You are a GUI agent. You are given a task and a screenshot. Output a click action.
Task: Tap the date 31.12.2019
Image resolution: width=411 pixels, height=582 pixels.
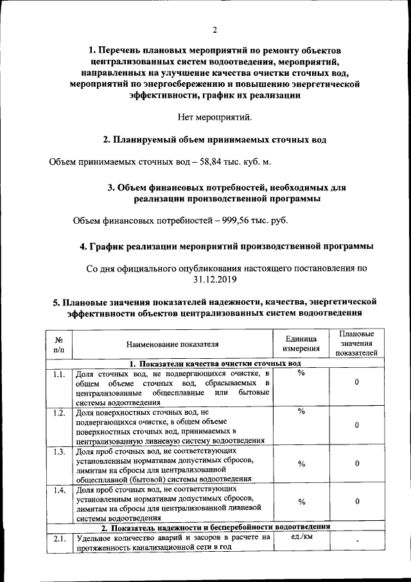coord(214,279)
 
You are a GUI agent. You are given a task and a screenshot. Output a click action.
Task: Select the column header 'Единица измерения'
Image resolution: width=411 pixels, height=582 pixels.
coord(301,343)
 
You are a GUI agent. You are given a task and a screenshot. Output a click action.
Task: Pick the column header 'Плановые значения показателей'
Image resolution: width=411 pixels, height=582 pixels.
coord(356,343)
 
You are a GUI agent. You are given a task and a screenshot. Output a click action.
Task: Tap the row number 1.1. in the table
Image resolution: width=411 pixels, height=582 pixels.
coord(58,374)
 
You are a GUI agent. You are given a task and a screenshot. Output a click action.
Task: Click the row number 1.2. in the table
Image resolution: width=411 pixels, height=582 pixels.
coord(58,412)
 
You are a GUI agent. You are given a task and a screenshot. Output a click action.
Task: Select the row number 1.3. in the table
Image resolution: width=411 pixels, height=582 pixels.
coord(58,451)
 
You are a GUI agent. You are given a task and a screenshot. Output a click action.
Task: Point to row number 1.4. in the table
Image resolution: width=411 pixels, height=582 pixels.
coord(58,490)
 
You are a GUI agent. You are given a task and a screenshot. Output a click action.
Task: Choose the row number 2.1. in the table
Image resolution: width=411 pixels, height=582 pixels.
coord(58,538)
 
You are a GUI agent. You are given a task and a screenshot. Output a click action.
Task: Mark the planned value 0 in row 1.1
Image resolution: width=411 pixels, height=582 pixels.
coord(356,383)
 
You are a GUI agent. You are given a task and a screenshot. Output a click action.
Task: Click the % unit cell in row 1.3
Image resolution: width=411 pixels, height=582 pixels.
coord(301,463)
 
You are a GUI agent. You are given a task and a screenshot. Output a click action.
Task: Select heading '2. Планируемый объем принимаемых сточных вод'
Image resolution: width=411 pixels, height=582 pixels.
coord(214,140)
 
